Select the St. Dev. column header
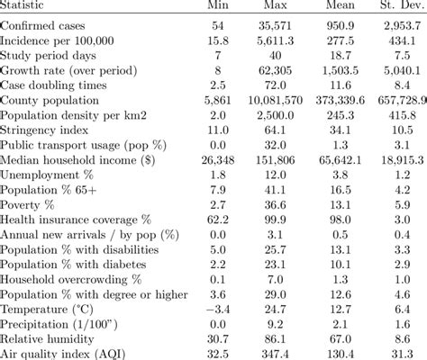coord(396,7)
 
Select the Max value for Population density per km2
coord(286,115)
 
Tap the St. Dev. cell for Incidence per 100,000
coord(401,40)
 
